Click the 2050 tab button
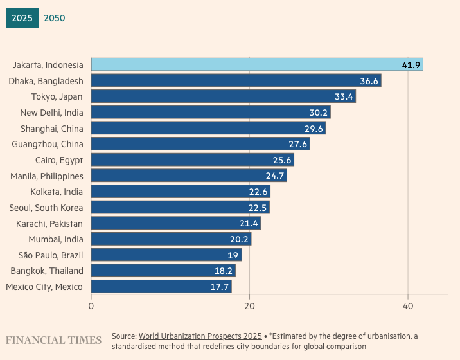tap(55, 18)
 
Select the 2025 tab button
tap(22, 18)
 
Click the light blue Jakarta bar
tap(257, 65)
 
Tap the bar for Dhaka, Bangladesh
tap(236, 81)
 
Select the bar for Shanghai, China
tap(208, 128)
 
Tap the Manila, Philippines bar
tap(189, 175)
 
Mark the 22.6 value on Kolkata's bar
tap(259, 192)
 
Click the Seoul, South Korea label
tap(46, 207)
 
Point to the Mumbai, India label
tap(57, 239)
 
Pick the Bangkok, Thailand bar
tap(163, 270)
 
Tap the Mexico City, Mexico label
tap(44, 286)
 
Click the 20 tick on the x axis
tap(250, 306)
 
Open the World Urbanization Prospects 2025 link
tap(200, 336)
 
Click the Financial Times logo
tap(53, 340)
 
